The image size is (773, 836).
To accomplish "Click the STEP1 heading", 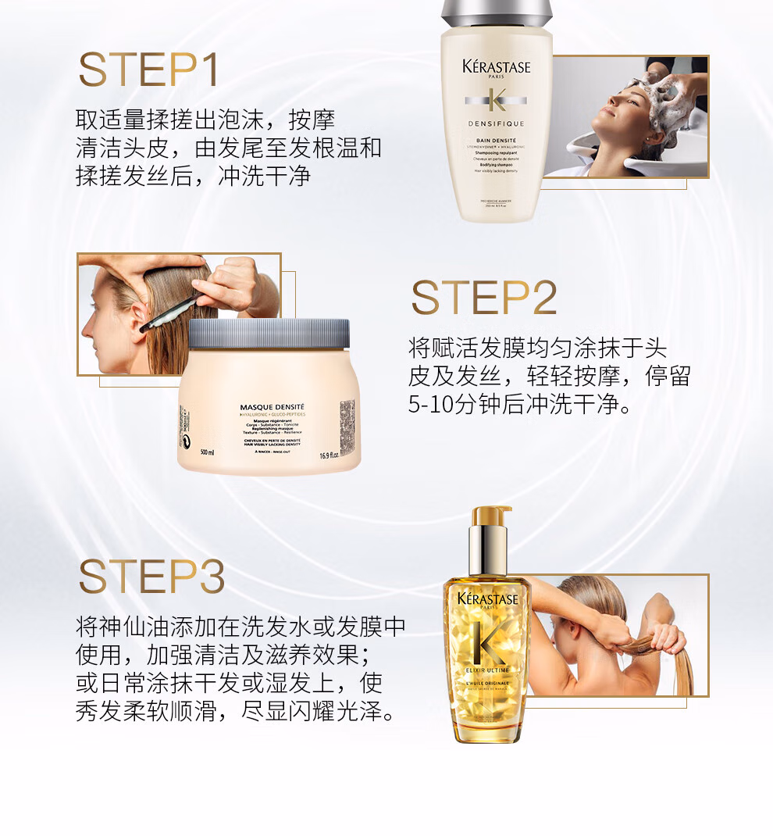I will pos(148,70).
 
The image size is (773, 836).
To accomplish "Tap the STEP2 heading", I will pos(484,298).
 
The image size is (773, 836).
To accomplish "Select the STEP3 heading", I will pos(151,577).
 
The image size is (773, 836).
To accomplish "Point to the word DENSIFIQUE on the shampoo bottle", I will pos(496,123).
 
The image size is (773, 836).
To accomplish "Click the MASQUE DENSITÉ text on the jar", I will pos(272,407).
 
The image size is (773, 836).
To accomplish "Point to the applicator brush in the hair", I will pos(169,313).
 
